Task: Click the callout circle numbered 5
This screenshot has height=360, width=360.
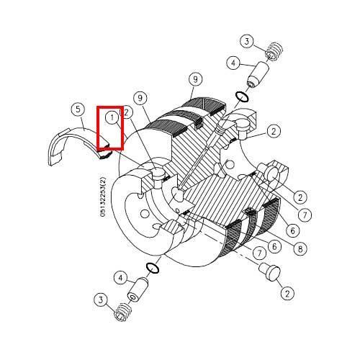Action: pos(78,109)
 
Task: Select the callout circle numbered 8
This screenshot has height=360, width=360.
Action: pos(300,249)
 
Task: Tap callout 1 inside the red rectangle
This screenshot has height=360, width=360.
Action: pos(112,118)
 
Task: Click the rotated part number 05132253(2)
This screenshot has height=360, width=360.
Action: pos(103,197)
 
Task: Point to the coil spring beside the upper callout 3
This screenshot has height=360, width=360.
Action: pos(274,52)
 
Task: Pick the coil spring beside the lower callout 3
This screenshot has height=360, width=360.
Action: pos(123,312)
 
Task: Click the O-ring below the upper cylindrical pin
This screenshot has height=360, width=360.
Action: pos(242,96)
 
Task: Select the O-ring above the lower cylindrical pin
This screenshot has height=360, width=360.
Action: pos(152,268)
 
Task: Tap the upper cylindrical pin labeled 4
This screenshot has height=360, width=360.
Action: pos(258,75)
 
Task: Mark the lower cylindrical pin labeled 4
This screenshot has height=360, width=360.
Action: pos(138,289)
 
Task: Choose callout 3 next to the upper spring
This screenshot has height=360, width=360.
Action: pos(247,42)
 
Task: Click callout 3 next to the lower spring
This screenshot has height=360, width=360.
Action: pos(101,300)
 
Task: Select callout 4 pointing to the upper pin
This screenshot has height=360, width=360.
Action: pos(233,63)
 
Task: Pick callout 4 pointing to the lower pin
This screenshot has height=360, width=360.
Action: pos(120,278)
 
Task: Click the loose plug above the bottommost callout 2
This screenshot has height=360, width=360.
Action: pos(270,272)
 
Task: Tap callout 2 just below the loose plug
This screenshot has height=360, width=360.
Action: pos(287,293)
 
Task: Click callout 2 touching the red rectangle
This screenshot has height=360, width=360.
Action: pos(127,112)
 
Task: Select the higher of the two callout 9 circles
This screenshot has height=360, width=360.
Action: pos(195,79)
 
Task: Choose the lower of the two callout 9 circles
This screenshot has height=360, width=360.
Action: pos(140,98)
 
